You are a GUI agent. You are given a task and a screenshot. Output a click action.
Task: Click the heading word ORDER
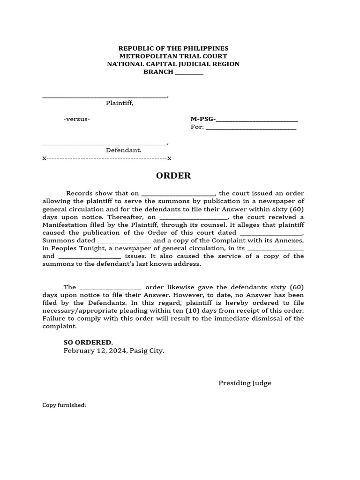(173, 176)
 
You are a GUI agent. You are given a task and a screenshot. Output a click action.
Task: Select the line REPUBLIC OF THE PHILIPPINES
(173, 48)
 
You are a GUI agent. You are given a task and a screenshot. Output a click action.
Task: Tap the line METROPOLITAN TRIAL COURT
(173, 56)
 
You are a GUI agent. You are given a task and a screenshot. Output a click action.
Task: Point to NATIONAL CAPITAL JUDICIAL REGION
(173, 64)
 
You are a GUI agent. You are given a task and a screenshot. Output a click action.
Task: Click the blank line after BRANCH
(189, 72)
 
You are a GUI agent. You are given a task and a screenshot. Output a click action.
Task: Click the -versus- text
(77, 119)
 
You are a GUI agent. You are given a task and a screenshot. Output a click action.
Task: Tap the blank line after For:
(251, 127)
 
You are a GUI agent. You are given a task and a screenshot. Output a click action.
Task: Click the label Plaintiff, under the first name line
(120, 103)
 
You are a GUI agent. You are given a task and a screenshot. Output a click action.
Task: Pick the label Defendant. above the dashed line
(123, 150)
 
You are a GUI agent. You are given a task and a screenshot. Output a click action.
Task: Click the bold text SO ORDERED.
(88, 343)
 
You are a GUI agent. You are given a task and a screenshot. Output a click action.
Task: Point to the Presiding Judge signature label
(245, 383)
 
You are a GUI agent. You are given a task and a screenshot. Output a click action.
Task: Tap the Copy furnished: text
(64, 405)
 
